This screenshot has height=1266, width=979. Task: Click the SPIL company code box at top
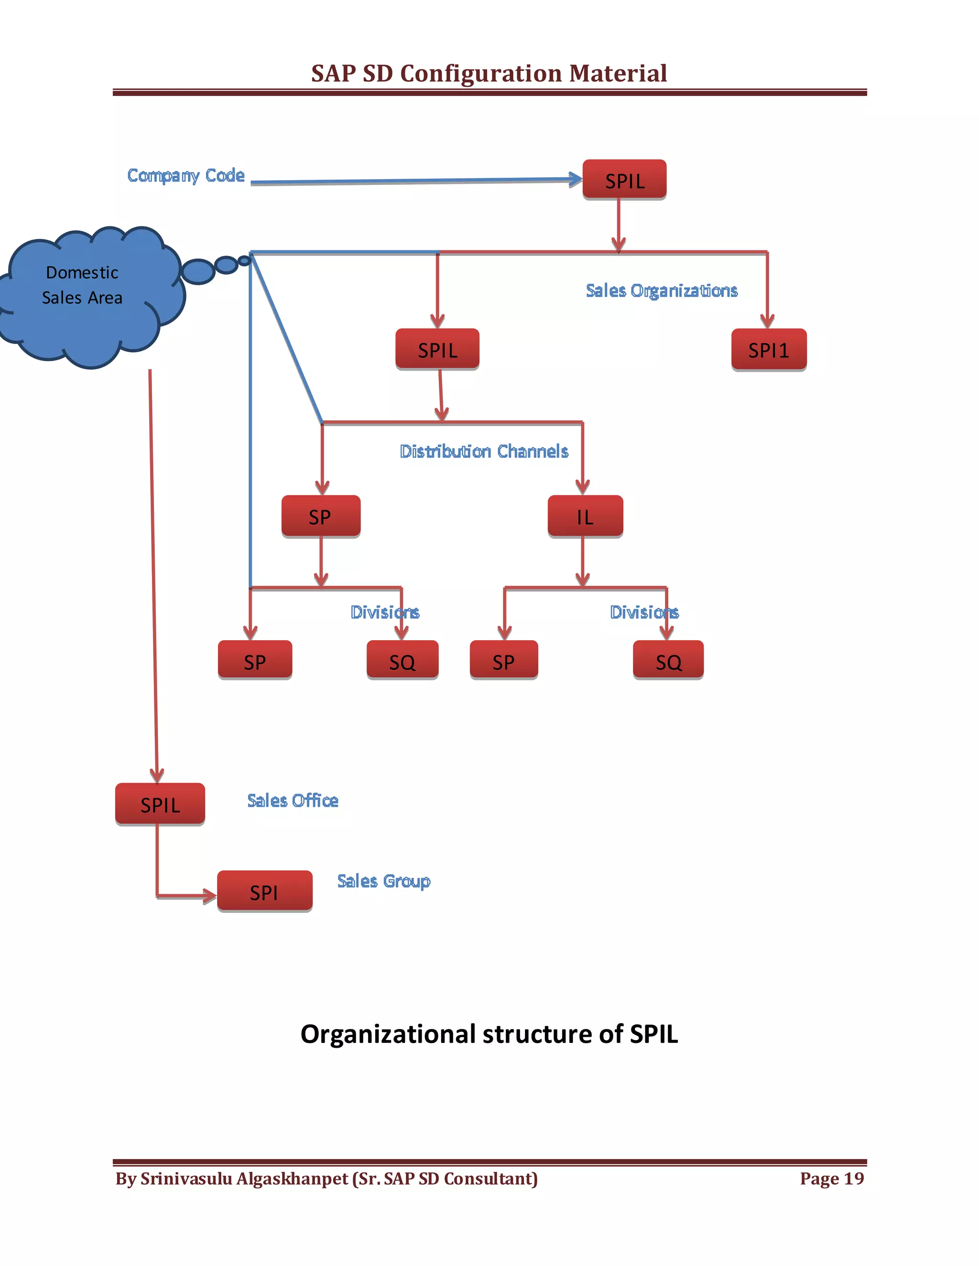click(x=624, y=180)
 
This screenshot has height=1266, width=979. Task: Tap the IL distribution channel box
click(x=585, y=516)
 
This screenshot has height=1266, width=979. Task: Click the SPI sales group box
click(x=264, y=891)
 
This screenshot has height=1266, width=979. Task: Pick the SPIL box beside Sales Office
click(x=160, y=804)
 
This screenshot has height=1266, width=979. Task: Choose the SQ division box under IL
click(x=668, y=660)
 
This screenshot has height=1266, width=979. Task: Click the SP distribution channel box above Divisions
click(x=321, y=516)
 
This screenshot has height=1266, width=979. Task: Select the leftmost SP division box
click(x=255, y=660)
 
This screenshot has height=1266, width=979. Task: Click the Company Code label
click(x=185, y=175)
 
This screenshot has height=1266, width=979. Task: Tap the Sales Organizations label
click(x=661, y=290)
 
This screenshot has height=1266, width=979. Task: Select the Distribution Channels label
click(x=484, y=451)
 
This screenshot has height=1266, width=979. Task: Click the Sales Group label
click(x=383, y=881)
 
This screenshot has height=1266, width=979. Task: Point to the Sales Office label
click(x=292, y=801)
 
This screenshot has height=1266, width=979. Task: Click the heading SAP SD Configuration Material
click(x=489, y=74)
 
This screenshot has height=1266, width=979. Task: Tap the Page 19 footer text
click(x=831, y=1179)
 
